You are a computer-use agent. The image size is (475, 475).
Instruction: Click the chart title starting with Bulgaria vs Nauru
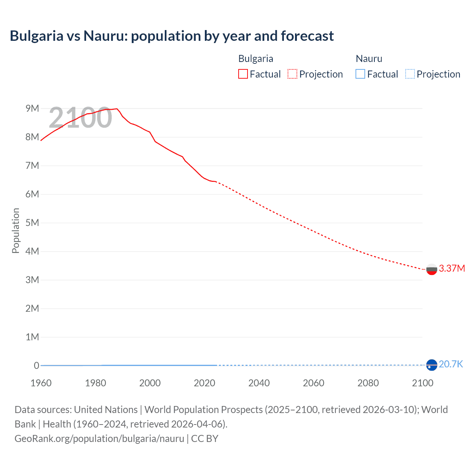[x=171, y=36]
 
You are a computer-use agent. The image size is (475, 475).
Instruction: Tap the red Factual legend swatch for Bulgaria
[x=243, y=74]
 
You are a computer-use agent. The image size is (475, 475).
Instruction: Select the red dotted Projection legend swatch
[x=292, y=74]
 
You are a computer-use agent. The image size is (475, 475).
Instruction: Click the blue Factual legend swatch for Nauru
[x=360, y=74]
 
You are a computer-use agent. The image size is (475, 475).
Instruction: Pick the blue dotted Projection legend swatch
[x=410, y=74]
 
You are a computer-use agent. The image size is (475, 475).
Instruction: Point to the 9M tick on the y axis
[x=32, y=108]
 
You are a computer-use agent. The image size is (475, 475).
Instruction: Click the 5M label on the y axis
[x=32, y=223]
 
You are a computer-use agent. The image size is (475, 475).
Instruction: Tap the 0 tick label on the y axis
[x=36, y=366]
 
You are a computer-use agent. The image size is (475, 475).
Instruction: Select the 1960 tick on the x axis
[x=41, y=383]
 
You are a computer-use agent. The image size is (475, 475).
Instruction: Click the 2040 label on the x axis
[x=259, y=383]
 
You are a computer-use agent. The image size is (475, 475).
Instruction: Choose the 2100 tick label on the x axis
[x=423, y=383]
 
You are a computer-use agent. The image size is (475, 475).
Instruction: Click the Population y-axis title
[x=16, y=230]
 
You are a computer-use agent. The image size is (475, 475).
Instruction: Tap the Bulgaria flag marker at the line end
[x=432, y=269]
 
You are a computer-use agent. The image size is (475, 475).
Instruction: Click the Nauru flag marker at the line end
[x=432, y=365]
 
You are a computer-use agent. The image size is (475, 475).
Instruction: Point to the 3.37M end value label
[x=452, y=268]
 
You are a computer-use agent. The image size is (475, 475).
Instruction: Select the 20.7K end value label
[x=451, y=364]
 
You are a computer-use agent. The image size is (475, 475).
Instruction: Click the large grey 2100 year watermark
[x=80, y=118]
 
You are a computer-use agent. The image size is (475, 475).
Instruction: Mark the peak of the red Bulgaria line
[x=117, y=109]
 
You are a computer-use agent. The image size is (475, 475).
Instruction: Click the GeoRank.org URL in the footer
[x=99, y=439]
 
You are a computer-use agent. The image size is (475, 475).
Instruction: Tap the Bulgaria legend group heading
[x=256, y=59]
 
